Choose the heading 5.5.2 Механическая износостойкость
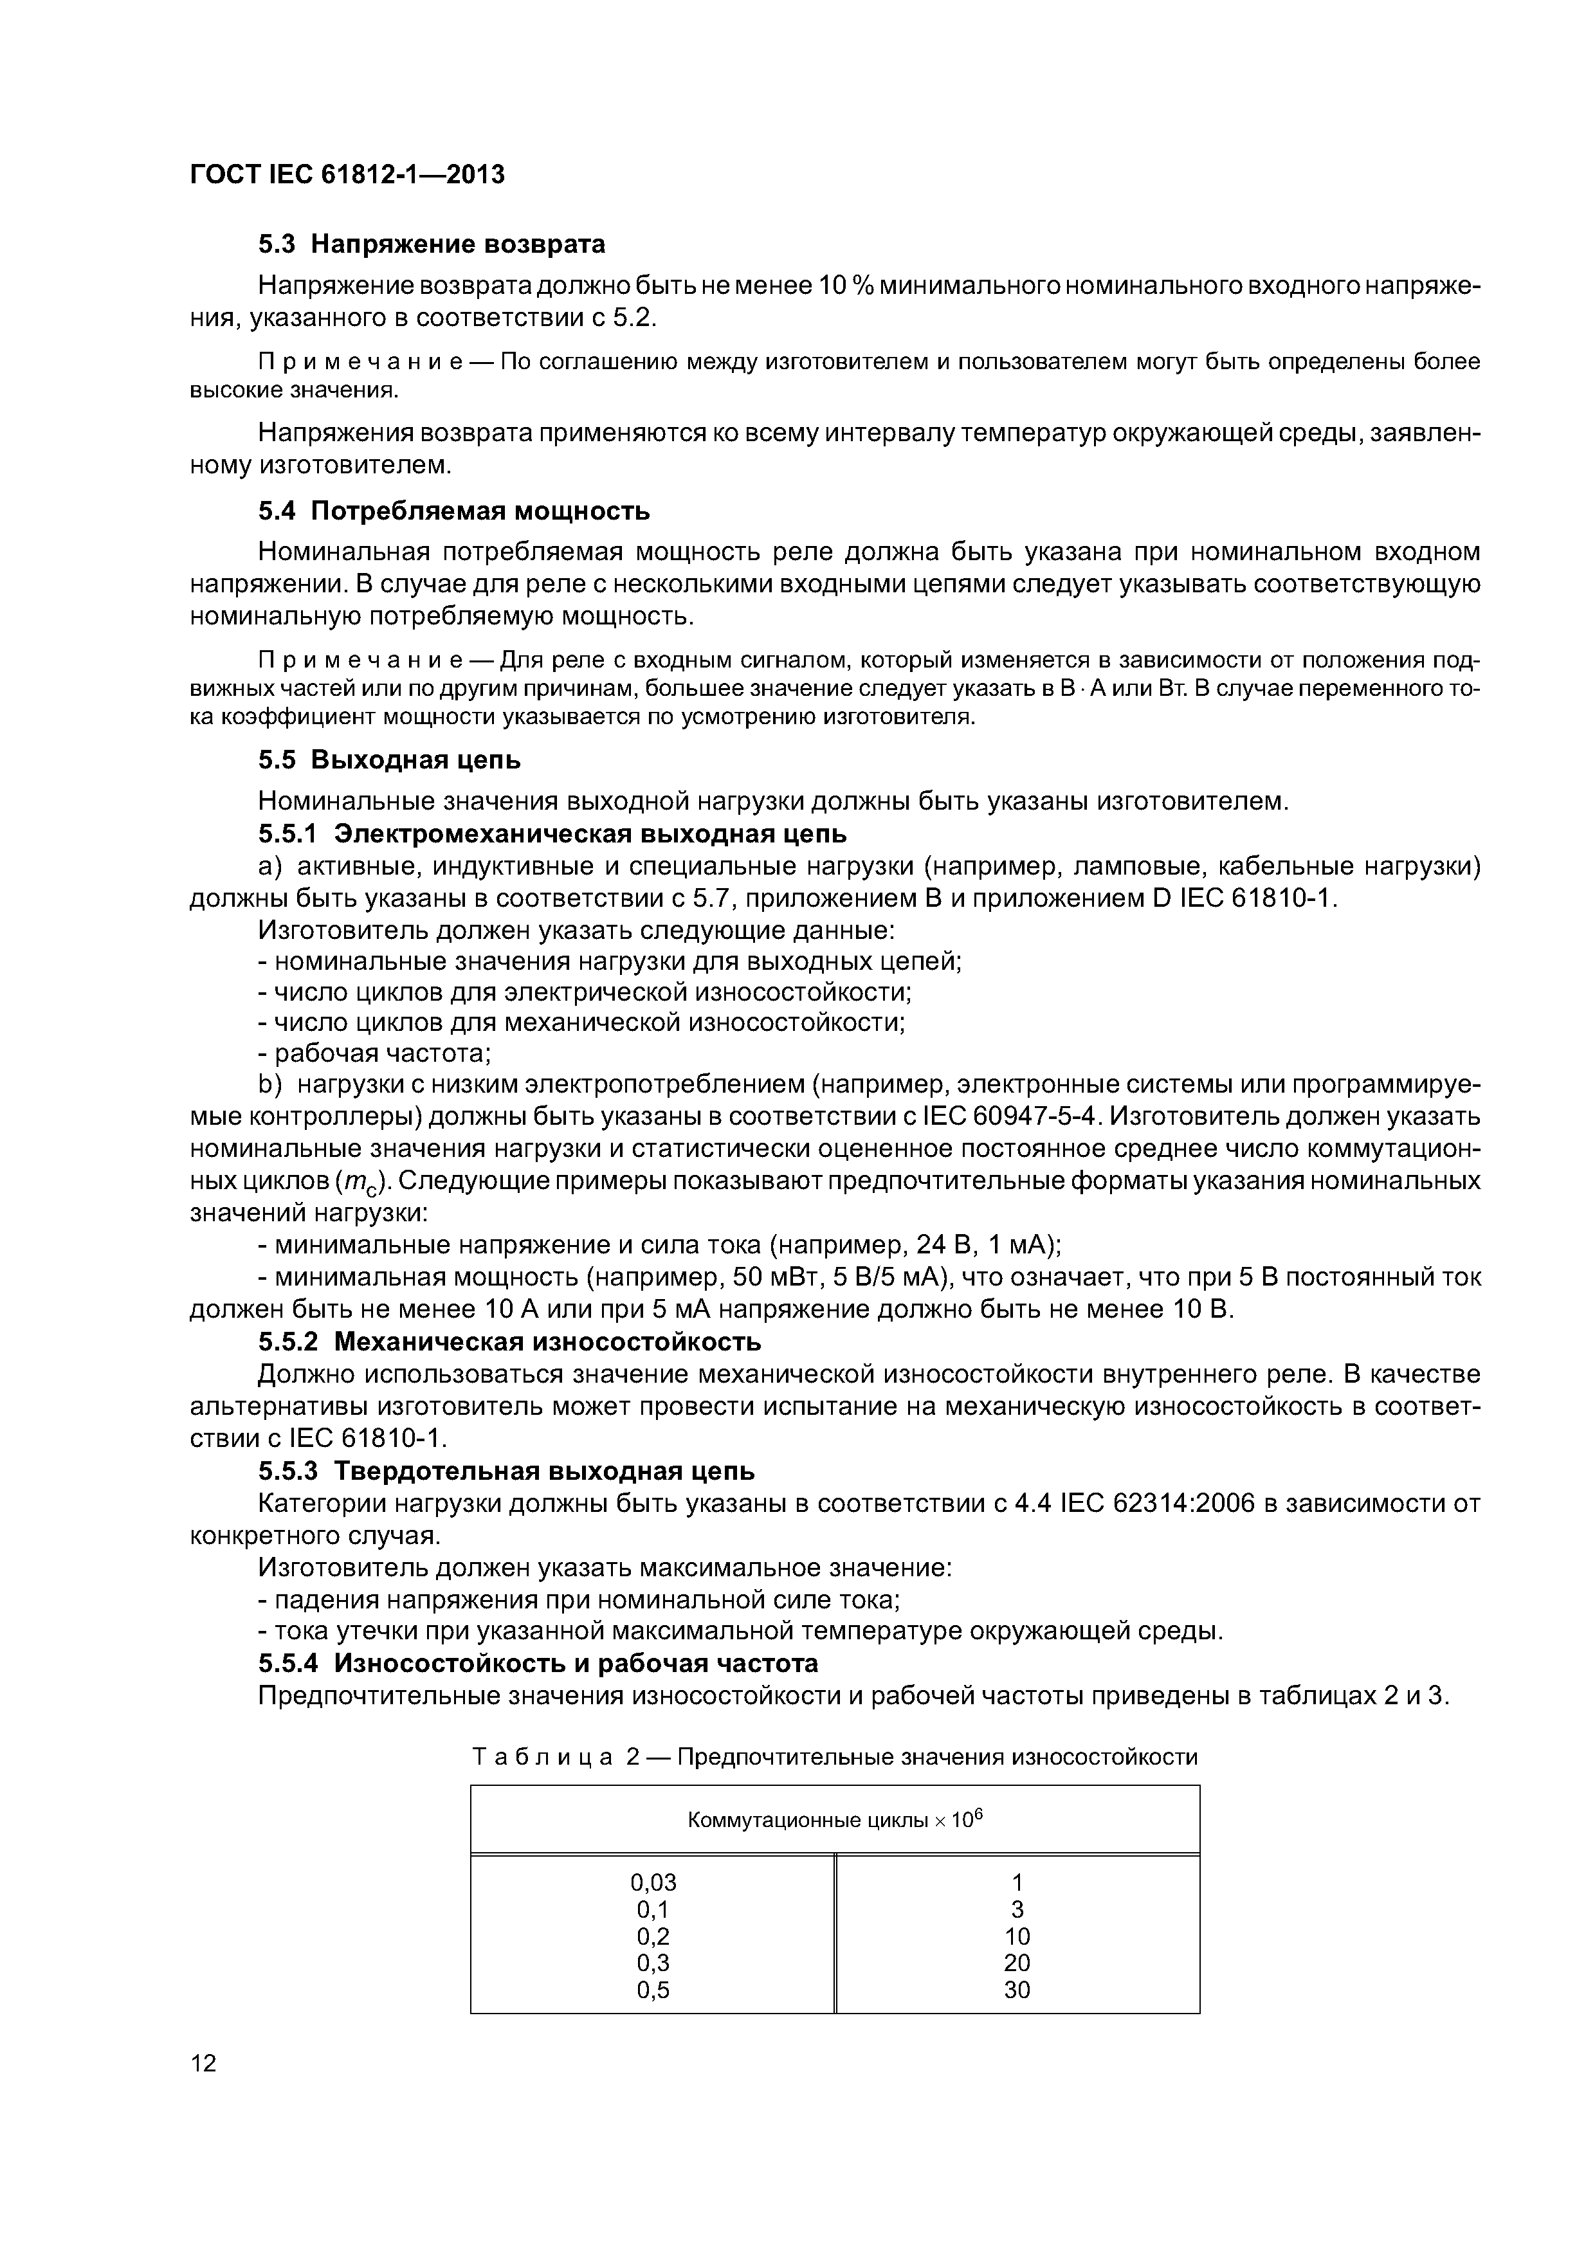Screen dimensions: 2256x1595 pos(509,1342)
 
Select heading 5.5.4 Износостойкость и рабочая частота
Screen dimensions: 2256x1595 pos(538,1664)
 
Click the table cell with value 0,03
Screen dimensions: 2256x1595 pos(653,1882)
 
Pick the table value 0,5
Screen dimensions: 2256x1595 pos(653,1990)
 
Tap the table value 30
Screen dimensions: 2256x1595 pos(1017,1990)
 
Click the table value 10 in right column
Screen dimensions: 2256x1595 pos(1017,1936)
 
